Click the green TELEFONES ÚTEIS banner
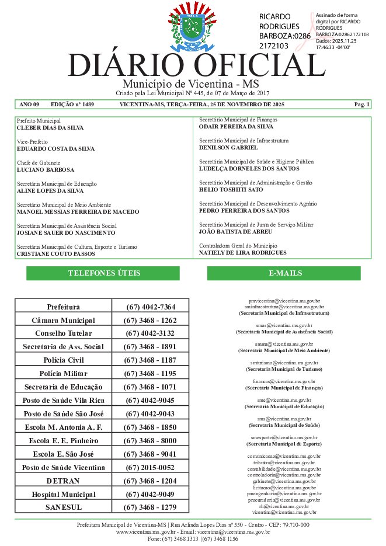click(103, 273)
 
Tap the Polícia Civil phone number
click(150, 360)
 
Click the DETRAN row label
click(63, 481)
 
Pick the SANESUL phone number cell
click(150, 507)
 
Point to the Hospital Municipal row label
click(63, 495)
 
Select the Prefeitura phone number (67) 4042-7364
click(150, 307)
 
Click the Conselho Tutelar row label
click(63, 333)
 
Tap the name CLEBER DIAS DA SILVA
click(50, 127)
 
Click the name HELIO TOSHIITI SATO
click(231, 190)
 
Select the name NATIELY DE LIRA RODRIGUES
click(243, 253)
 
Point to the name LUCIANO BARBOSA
click(46, 170)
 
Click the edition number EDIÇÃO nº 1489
click(72, 105)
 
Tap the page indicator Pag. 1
click(362, 105)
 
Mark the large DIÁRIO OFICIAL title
click(187, 65)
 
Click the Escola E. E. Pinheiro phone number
click(150, 440)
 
